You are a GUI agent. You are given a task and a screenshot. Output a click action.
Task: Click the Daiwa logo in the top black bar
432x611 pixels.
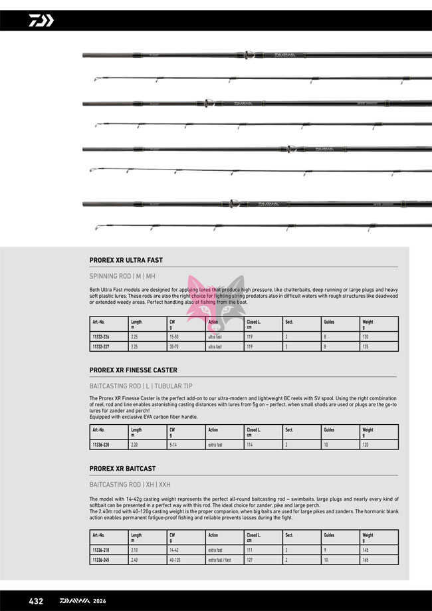coord(41,21)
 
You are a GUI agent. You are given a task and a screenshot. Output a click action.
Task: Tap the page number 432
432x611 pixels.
coord(36,601)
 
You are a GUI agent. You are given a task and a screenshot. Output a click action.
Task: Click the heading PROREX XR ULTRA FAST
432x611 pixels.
coord(126,261)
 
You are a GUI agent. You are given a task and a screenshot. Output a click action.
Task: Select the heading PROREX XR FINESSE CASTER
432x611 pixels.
coord(134,370)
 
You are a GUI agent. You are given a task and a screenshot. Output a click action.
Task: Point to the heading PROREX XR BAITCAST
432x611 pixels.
coord(123,469)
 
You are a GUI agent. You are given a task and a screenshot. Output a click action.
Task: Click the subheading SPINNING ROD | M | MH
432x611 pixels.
coord(122,276)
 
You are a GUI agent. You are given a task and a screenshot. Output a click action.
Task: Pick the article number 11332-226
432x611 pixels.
coord(101,337)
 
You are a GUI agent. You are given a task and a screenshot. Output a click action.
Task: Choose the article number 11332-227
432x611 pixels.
coord(101,346)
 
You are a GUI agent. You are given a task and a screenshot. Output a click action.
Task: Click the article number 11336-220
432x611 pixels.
coord(101,445)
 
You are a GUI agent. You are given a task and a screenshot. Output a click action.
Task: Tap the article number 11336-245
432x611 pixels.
coord(101,560)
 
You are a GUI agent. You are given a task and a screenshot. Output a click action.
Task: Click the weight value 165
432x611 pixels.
coord(366,560)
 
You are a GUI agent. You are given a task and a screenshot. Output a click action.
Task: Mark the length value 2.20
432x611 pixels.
coord(135,445)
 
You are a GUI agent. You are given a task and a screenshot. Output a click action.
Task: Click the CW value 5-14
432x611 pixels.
coord(173,445)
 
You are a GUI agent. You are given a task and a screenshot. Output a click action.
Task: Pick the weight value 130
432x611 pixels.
coord(366,337)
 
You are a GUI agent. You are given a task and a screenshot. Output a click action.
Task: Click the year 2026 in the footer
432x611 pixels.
coord(100,601)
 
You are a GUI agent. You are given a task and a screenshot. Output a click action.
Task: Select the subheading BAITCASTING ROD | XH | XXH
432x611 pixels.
coord(130,485)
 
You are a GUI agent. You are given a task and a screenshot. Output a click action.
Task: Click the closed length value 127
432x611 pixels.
coord(250,560)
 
